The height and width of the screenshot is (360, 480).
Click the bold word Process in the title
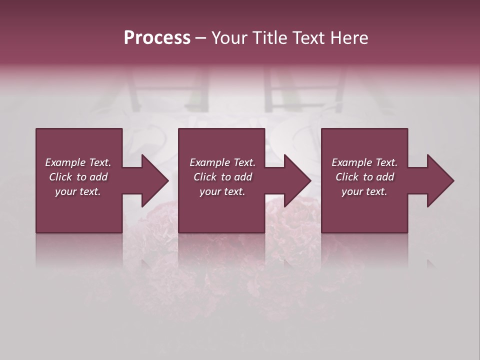point(157,38)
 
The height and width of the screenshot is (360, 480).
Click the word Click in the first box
point(61,177)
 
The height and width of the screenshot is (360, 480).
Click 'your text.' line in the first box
point(78,191)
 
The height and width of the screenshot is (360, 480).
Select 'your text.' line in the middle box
point(222,191)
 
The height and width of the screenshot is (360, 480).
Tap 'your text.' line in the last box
point(364,191)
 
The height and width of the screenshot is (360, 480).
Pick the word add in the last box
point(385,177)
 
